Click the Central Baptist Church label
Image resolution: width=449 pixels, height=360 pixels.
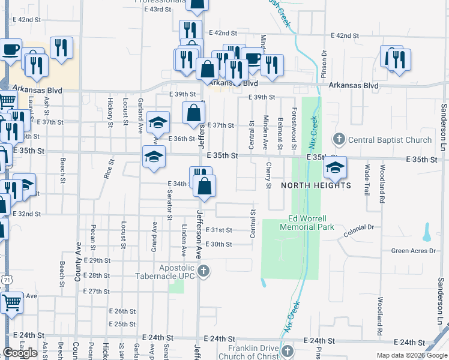pos(390,140)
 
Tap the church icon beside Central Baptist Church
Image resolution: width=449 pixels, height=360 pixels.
pos(339,140)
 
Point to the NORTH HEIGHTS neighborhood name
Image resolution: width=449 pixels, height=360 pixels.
pos(316,185)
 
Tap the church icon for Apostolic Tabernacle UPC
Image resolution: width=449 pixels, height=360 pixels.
pos(203,271)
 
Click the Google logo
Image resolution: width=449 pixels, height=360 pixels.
pos(20,353)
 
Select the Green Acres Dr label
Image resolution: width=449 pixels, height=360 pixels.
pos(412,251)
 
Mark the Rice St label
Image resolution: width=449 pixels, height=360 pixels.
pos(108,169)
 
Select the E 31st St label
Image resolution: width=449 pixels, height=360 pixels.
pos(218,230)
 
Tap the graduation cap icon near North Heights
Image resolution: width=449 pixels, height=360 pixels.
pos(334,169)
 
